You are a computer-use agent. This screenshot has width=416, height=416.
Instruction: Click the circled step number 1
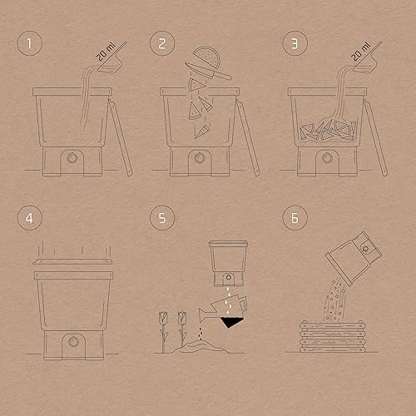(30, 43)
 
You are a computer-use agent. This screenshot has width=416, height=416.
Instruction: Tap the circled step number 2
(162, 43)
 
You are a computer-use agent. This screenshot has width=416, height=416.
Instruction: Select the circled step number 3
(295, 43)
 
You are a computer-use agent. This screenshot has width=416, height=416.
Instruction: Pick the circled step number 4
(30, 218)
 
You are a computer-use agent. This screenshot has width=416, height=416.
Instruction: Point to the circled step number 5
(162, 218)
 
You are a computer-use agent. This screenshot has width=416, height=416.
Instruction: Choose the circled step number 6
(295, 218)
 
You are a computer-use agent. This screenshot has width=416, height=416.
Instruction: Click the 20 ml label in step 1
(106, 52)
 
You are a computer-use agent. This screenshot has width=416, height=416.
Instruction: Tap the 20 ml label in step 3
(361, 52)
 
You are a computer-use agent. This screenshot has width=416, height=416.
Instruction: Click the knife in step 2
(208, 72)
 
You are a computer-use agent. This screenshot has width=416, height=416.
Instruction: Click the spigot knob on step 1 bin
(72, 158)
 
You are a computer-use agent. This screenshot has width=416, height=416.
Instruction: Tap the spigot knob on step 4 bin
(73, 342)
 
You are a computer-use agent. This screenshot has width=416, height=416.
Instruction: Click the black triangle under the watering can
(231, 323)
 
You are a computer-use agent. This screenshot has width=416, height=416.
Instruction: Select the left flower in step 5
(164, 331)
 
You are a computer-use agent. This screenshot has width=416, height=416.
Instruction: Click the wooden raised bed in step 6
(333, 336)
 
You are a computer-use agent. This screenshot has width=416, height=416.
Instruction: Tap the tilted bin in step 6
(354, 259)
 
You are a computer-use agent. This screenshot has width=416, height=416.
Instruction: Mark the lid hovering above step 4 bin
(72, 261)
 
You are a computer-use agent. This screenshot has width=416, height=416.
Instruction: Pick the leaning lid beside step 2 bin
(248, 138)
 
